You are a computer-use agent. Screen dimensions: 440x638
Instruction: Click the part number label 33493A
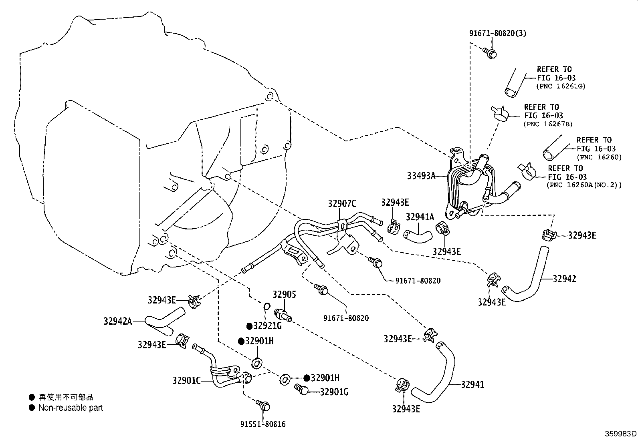421,175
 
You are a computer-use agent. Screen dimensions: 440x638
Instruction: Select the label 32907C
342,204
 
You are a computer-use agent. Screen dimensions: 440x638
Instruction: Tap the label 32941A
420,217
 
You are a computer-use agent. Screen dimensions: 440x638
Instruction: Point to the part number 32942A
117,321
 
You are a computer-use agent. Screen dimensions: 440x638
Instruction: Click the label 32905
284,295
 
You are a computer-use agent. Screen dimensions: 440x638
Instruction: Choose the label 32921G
268,326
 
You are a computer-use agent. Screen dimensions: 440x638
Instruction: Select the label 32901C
186,380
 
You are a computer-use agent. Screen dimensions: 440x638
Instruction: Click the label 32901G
334,392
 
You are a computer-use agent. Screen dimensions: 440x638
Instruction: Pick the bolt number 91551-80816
263,424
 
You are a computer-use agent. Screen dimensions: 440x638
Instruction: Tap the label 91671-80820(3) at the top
498,33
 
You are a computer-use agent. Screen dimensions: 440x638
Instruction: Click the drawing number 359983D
621,434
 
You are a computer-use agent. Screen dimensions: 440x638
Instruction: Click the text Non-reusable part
71,408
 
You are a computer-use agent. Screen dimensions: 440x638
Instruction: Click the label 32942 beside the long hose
564,279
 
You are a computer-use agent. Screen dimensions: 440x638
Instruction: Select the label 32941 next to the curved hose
472,384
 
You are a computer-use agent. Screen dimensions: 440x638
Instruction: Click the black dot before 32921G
249,326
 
